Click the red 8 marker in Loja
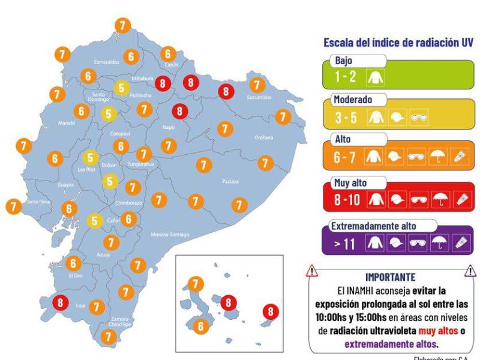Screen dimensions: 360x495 coord(59,303)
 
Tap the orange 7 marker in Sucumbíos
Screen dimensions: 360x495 coord(257,85)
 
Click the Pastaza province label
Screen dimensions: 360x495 coord(230,181)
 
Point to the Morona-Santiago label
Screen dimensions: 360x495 coord(170,234)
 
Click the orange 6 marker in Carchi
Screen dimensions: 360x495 coord(168,53)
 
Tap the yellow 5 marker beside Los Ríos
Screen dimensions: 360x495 coord(91,158)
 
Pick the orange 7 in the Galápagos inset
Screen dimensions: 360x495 coord(196,284)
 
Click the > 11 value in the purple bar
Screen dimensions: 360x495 coord(346,243)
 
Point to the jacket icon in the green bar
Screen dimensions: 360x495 coord(380,77)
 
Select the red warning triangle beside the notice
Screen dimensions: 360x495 coord(311,271)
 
